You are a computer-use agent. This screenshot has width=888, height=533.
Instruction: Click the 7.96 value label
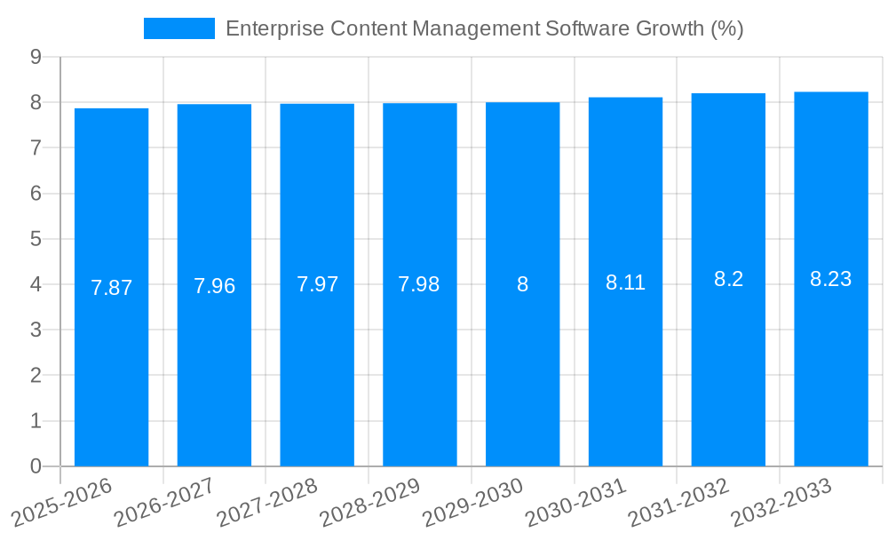coord(214,286)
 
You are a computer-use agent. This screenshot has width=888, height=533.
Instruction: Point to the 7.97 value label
coord(317,284)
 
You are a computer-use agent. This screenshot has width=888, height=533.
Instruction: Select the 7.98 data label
coord(419,284)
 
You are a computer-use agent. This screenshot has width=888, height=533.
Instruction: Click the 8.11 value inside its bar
coord(625,282)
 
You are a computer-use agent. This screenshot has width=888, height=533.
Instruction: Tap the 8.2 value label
coord(728,279)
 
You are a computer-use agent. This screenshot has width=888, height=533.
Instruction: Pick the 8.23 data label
coord(830,279)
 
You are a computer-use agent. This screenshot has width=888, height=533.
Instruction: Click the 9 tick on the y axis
coord(36,57)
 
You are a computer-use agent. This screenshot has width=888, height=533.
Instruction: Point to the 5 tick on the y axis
coord(36,239)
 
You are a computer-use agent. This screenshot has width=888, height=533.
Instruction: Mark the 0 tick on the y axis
coord(36,466)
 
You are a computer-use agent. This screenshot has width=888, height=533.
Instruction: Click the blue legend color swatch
coord(179,28)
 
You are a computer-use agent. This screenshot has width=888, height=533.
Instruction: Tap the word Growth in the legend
coord(670,28)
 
